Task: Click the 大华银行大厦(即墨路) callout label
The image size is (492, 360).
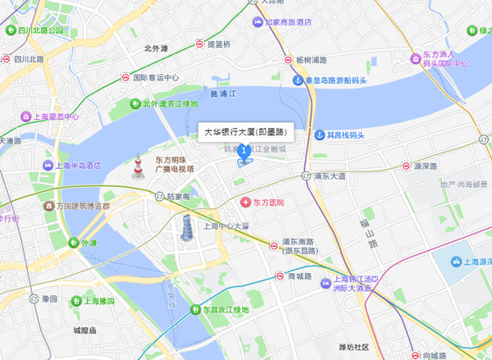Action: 244,130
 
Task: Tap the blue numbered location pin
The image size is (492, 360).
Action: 244,152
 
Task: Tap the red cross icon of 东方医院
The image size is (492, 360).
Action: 244,202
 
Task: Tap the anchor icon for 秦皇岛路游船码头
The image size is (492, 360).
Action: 298,80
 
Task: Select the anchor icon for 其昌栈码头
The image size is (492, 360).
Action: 319,134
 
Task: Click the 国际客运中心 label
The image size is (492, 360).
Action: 156,78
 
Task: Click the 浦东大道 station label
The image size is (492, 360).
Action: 330,175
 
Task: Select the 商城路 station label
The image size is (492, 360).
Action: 299,276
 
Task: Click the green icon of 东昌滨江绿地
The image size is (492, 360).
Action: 196,310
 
